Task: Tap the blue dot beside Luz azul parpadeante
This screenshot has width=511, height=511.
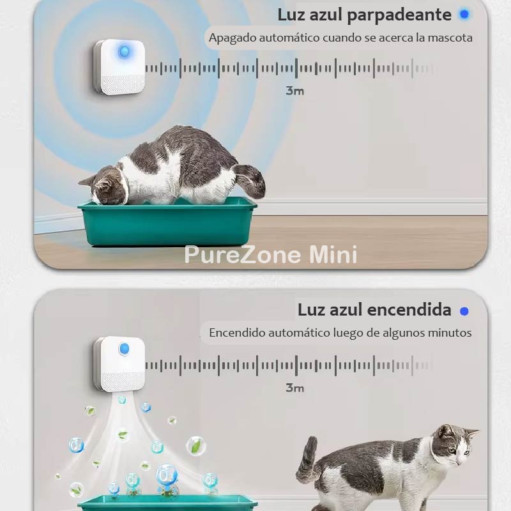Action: coord(464,14)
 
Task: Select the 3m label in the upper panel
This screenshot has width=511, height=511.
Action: coord(294,91)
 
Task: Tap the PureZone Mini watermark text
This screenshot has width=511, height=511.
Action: coord(271,254)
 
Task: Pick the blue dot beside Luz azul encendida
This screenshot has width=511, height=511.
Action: coord(464,311)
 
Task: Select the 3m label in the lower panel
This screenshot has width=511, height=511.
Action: coord(294,388)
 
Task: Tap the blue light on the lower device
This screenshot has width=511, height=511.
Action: coord(125,349)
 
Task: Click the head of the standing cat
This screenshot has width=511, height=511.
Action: coord(457,444)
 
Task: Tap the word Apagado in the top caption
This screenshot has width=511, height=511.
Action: coord(232,38)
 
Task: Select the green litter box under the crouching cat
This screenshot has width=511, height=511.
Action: coord(166,224)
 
